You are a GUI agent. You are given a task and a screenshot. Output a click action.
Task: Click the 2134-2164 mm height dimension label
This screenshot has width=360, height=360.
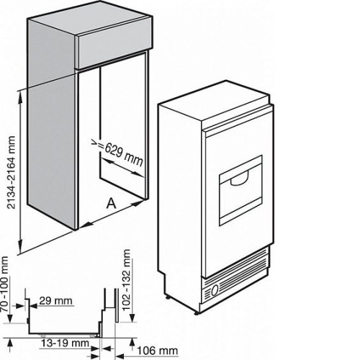[x=12, y=173]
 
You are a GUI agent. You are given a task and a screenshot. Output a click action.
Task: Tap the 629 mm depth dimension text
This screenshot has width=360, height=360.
[x=123, y=155]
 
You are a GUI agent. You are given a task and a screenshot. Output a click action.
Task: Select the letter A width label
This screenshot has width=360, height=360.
[x=112, y=204]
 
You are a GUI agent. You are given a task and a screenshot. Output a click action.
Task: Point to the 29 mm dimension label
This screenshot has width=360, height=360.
[x=55, y=301]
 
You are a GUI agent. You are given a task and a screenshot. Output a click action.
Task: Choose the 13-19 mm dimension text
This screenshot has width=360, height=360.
[x=65, y=343]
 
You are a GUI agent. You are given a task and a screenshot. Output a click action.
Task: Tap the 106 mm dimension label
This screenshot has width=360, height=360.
[x=158, y=351]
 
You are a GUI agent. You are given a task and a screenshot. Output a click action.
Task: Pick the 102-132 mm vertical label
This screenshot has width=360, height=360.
[x=126, y=280]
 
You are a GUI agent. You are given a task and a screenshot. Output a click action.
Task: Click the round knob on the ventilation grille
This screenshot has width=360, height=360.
[x=215, y=289]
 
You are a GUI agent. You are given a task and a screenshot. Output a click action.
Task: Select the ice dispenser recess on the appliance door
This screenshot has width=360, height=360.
[x=240, y=190]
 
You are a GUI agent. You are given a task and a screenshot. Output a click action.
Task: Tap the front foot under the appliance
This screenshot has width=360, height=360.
[x=197, y=312]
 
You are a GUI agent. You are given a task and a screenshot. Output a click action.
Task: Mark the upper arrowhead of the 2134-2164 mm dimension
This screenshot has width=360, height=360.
[x=21, y=96]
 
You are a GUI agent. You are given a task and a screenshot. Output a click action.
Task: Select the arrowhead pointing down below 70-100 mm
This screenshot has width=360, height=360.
[x=9, y=318]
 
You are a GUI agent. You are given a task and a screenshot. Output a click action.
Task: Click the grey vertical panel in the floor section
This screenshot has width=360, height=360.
[x=117, y=305]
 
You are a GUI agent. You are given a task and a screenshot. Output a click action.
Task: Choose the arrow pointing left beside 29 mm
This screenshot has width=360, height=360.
[x=34, y=306]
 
